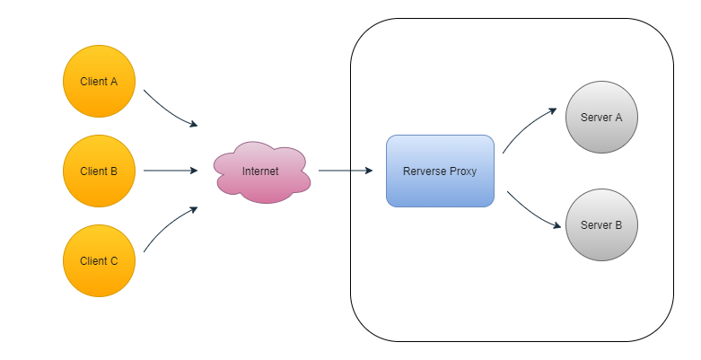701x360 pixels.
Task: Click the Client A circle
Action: [99, 81]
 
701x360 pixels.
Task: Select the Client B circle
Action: [99, 171]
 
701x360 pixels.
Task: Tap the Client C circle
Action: [99, 260]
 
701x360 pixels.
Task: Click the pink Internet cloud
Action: [262, 172]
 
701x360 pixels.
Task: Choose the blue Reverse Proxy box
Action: [440, 171]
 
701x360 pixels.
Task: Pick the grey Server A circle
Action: [601, 118]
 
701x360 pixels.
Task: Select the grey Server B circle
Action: [601, 225]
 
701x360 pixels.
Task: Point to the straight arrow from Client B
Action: [171, 171]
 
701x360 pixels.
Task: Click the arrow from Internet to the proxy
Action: [346, 171]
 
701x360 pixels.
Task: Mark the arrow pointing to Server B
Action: [532, 213]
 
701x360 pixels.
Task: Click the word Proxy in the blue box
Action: [462, 171]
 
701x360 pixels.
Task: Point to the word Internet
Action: [260, 171]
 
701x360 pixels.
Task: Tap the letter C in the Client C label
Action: [114, 260]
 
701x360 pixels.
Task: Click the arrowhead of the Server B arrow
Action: [557, 225]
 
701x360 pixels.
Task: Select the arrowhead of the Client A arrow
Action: [194, 124]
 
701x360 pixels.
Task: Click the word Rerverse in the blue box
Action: [424, 171]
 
